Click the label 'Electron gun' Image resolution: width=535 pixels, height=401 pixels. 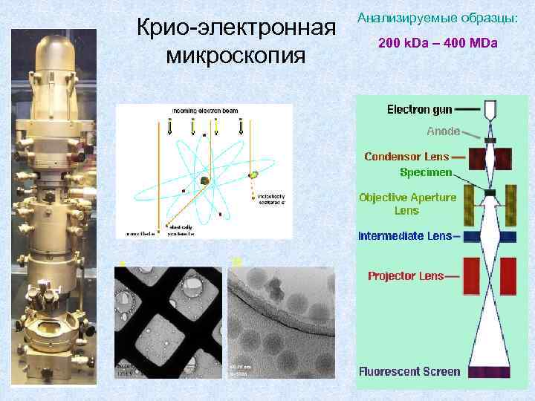420,110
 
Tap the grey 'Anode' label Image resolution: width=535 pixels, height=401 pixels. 443,131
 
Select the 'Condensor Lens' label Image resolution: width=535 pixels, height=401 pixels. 406,157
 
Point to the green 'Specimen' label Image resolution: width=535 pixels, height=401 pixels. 425,172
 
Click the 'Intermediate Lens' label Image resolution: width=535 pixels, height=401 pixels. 405,236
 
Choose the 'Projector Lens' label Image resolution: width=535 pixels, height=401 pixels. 406,276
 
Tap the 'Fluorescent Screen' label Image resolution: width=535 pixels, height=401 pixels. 409,371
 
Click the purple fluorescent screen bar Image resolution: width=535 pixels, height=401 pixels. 490,371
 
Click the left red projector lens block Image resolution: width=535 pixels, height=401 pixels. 471,276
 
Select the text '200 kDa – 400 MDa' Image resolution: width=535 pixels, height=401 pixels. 438,43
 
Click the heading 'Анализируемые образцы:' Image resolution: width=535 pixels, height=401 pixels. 438,16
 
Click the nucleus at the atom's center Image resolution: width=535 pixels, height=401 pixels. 204,180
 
